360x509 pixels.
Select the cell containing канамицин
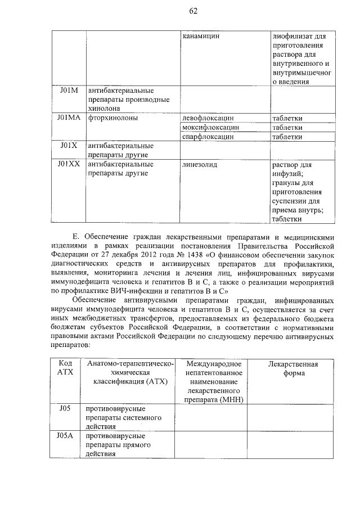point(201,36)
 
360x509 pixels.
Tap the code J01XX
point(70,164)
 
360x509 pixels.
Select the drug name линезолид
point(200,164)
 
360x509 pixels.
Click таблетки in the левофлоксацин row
point(287,118)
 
